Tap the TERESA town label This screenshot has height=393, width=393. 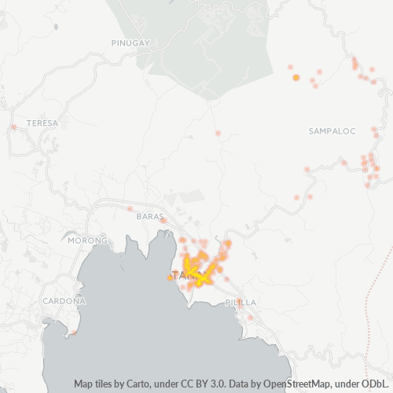point(42,123)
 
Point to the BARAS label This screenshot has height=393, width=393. point(149,216)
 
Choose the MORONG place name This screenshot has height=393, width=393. point(86,240)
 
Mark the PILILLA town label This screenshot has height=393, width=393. point(240,302)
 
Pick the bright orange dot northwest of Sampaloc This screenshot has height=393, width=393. point(296,77)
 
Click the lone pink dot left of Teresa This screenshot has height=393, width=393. point(14,127)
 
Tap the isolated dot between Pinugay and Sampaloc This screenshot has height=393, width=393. point(218,133)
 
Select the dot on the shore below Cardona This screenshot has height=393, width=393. point(73,332)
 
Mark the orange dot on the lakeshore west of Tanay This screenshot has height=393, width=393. point(170,277)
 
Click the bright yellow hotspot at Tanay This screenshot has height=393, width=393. point(201,277)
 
